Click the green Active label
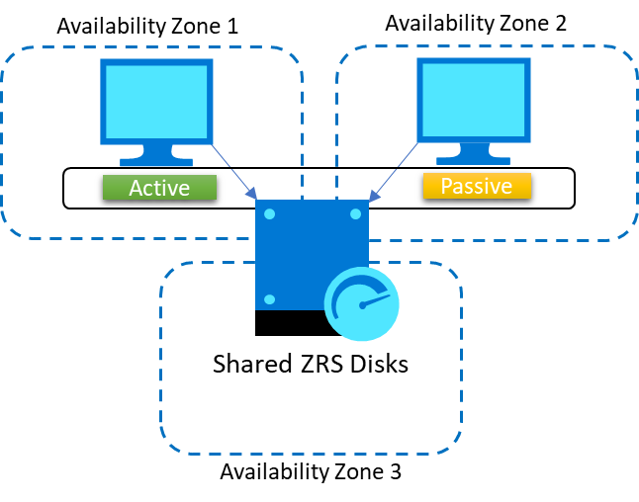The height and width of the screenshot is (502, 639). point(159,188)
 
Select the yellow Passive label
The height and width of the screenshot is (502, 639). point(477,186)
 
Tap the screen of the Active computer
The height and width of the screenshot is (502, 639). point(156,101)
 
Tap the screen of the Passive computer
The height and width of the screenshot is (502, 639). point(474,100)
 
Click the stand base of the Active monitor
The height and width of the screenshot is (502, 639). point(156,161)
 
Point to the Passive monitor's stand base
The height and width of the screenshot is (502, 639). point(474,159)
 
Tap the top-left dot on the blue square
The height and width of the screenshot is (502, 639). point(269,213)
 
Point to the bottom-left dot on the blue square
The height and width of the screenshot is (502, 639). point(269,298)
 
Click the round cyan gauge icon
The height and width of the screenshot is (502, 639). point(362,304)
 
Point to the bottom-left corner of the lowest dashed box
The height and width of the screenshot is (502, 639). point(169,446)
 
